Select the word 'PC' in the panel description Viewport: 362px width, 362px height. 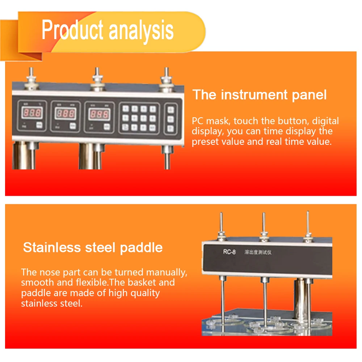pos(198,121)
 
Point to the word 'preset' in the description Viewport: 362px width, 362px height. pos(205,141)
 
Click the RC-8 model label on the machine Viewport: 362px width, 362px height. pos(230,252)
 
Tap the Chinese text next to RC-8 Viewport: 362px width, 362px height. pos(257,252)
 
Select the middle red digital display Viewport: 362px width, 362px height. pos(66,114)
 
